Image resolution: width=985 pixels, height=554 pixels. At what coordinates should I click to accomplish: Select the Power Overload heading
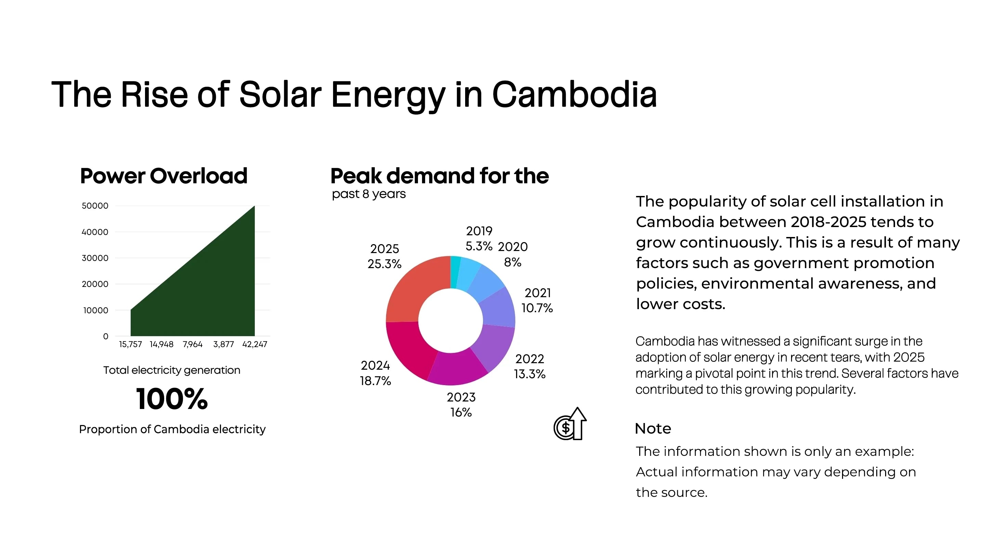pyautogui.click(x=164, y=176)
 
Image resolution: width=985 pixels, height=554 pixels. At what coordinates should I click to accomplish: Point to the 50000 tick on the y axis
pyautogui.click(x=95, y=206)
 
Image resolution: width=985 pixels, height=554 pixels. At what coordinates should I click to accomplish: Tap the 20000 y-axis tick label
pyautogui.click(x=95, y=284)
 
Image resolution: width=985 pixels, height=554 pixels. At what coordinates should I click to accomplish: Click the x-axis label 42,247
pyautogui.click(x=255, y=344)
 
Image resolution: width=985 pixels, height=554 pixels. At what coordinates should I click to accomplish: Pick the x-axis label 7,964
pyautogui.click(x=192, y=344)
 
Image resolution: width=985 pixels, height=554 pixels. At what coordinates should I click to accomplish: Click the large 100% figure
pyautogui.click(x=172, y=399)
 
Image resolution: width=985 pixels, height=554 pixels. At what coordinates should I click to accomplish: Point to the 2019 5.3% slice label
pyautogui.click(x=479, y=239)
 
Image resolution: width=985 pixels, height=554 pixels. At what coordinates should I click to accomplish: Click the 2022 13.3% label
pyautogui.click(x=529, y=366)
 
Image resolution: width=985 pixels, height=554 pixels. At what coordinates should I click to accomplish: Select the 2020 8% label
pyautogui.click(x=512, y=254)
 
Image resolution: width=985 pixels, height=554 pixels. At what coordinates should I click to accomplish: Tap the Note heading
pyautogui.click(x=653, y=428)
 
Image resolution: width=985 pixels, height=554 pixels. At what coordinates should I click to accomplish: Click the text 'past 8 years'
pyautogui.click(x=369, y=194)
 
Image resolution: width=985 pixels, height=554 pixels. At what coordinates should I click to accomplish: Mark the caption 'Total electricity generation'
pyautogui.click(x=172, y=370)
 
